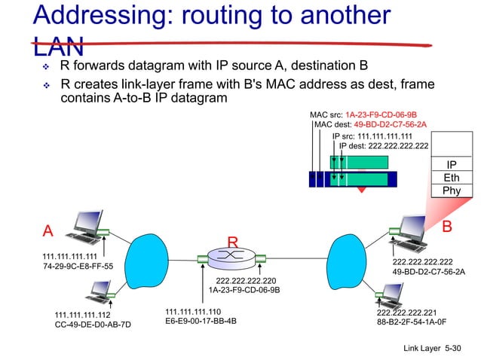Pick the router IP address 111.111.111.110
pos(193,311)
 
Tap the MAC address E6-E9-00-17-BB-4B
pos(201,321)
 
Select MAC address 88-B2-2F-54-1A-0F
pos(411,321)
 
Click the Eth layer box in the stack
pos(451,178)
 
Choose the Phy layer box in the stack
pos(451,191)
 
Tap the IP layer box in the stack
pos(451,164)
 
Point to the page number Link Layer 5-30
pos(431,349)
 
